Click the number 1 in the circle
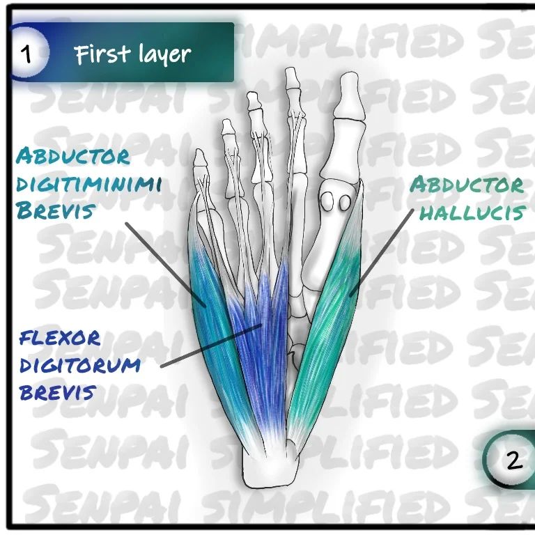point(28,54)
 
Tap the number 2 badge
point(513,460)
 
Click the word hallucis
point(470,212)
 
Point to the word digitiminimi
point(88,184)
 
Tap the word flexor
point(60,339)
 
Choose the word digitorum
point(79,365)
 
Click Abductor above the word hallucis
point(466,185)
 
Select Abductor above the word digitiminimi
point(73,156)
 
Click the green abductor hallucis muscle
point(327,327)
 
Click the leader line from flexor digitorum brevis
point(209,346)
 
